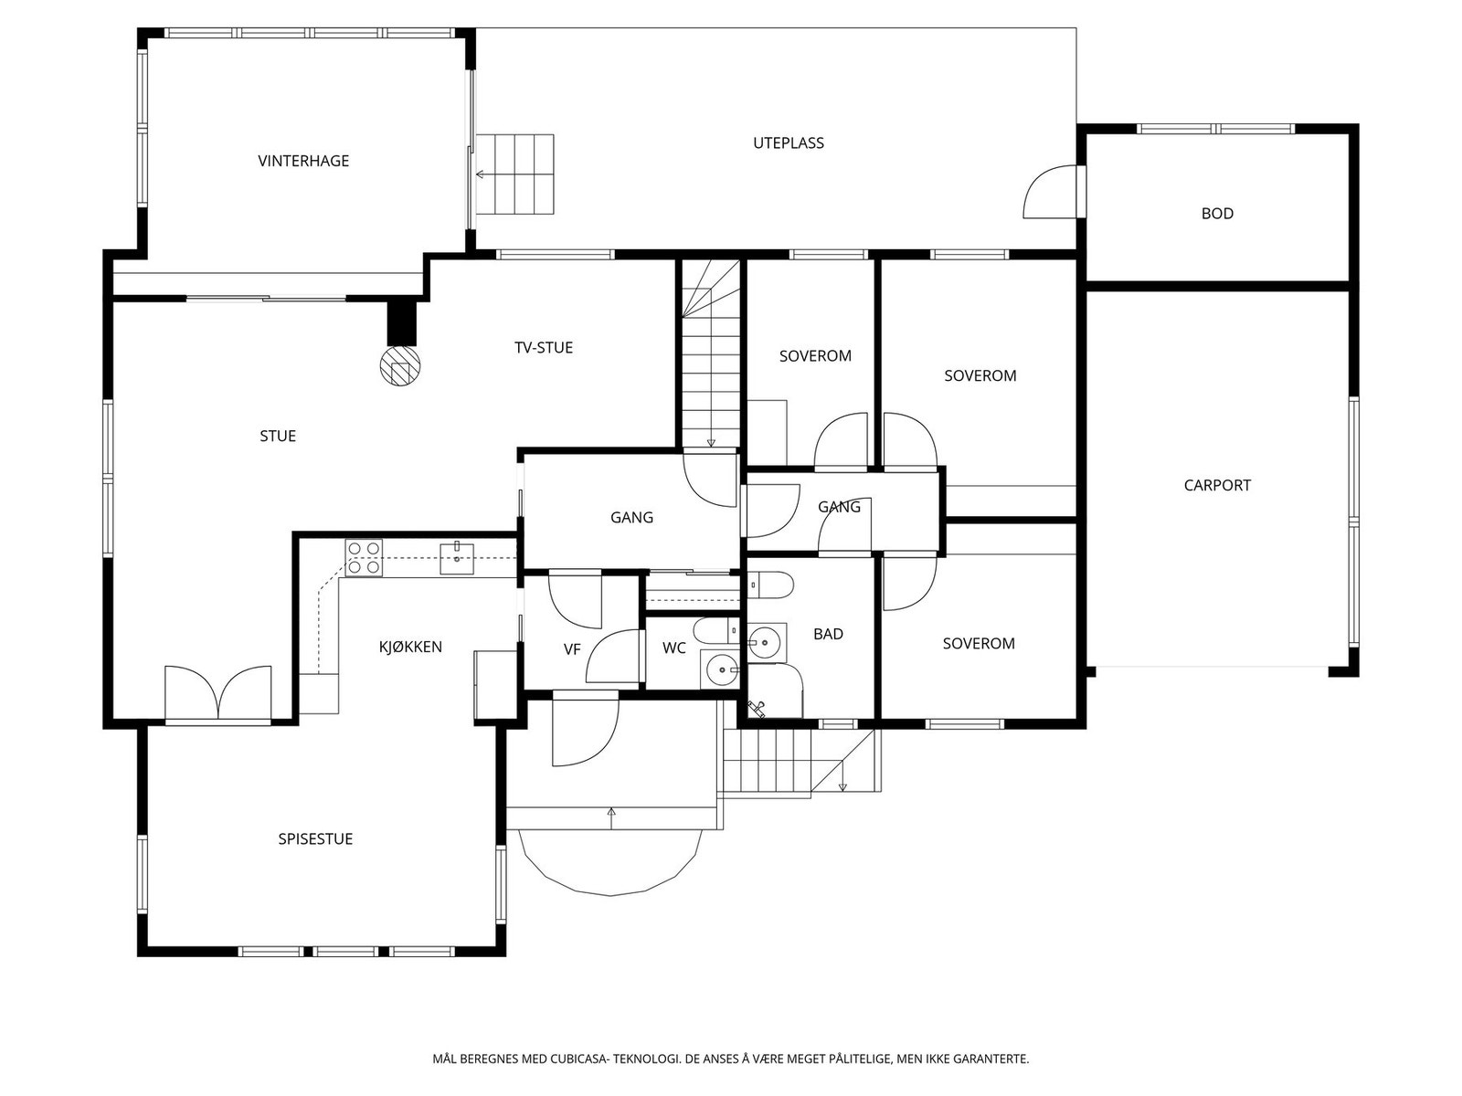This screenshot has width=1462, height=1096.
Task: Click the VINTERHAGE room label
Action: [x=303, y=161]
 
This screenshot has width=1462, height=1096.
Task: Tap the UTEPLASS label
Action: [x=788, y=142]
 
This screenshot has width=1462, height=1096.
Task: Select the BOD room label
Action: [x=1217, y=213]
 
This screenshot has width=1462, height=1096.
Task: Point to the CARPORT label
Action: [x=1217, y=485]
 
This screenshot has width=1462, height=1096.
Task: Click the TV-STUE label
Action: [x=544, y=347]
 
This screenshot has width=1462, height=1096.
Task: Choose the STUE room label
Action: [x=278, y=436]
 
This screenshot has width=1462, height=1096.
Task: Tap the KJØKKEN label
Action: [x=410, y=646]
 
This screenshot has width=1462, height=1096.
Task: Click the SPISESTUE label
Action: [x=315, y=838]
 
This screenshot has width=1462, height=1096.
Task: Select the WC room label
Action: [x=674, y=648]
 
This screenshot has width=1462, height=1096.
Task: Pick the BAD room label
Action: [x=828, y=634]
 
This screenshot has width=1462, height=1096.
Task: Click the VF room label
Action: [x=572, y=649]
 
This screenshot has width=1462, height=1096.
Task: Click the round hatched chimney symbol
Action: [x=399, y=366]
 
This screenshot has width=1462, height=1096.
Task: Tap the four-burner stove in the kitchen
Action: [x=364, y=558]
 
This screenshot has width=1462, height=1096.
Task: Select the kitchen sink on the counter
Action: [x=456, y=559]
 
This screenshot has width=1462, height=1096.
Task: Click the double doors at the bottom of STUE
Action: [x=217, y=693]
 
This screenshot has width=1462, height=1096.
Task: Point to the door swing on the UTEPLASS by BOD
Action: [x=1051, y=192]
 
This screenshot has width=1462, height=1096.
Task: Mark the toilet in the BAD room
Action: [x=770, y=586]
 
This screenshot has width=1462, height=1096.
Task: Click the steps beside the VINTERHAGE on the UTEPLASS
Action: [x=514, y=174]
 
